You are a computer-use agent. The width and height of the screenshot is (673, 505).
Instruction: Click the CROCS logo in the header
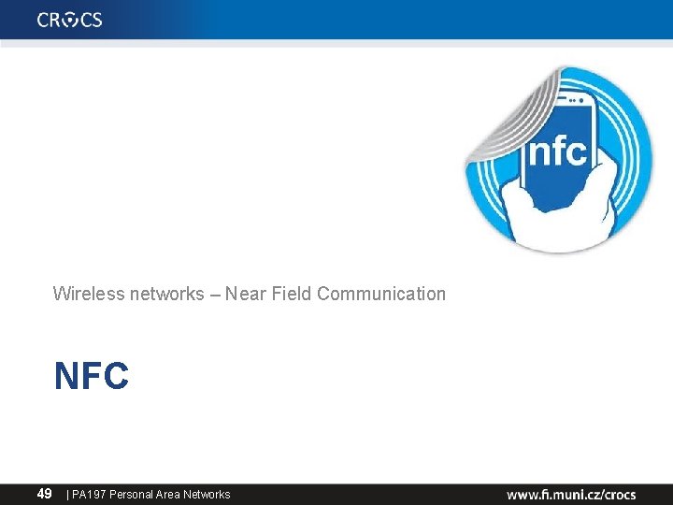coord(70,20)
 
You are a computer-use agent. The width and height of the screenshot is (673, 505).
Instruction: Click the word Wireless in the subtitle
coord(82,294)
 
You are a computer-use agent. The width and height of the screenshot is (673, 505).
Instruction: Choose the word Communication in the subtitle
coord(381,294)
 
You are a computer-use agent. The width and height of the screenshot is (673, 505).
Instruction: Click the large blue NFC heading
coord(92,376)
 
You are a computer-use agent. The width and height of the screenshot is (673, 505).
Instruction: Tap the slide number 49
coord(44,493)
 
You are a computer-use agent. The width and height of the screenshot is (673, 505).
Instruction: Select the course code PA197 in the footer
coord(89,494)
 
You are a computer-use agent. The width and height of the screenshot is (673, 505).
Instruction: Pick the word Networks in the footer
coord(207,494)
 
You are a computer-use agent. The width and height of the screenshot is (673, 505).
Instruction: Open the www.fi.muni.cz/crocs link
coord(571,494)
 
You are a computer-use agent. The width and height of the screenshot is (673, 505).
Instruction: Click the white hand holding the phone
coord(542,220)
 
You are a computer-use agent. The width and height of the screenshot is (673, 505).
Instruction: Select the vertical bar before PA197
coord(67,494)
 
